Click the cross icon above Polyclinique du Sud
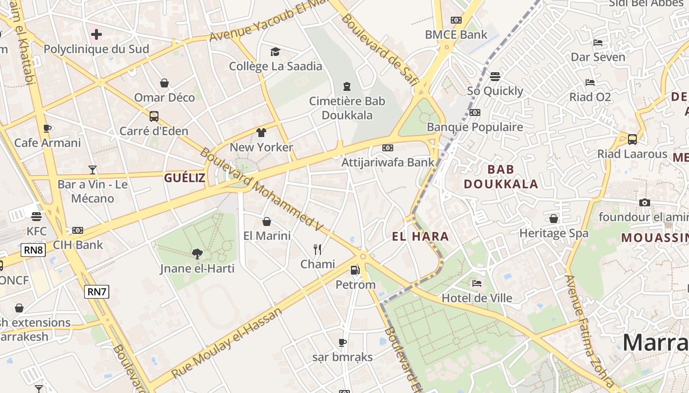click(x=96, y=34)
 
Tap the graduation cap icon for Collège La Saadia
click(x=275, y=52)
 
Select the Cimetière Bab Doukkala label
click(x=347, y=108)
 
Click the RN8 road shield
click(x=33, y=250)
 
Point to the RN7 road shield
click(x=96, y=291)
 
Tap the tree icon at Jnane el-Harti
click(x=197, y=254)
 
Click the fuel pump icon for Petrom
click(x=355, y=270)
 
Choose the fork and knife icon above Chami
click(x=317, y=250)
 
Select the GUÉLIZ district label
click(x=185, y=178)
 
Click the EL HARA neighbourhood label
click(x=420, y=236)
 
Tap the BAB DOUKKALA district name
click(x=501, y=177)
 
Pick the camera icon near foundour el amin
click(x=644, y=202)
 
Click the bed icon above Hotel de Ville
click(x=476, y=283)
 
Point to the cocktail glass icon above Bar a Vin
click(x=93, y=170)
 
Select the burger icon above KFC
click(x=36, y=216)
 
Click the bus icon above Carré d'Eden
click(x=154, y=116)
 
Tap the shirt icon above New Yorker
click(x=261, y=133)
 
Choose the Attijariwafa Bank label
click(x=388, y=162)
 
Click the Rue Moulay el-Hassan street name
click(x=227, y=343)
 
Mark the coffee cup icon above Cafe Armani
click(x=47, y=128)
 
